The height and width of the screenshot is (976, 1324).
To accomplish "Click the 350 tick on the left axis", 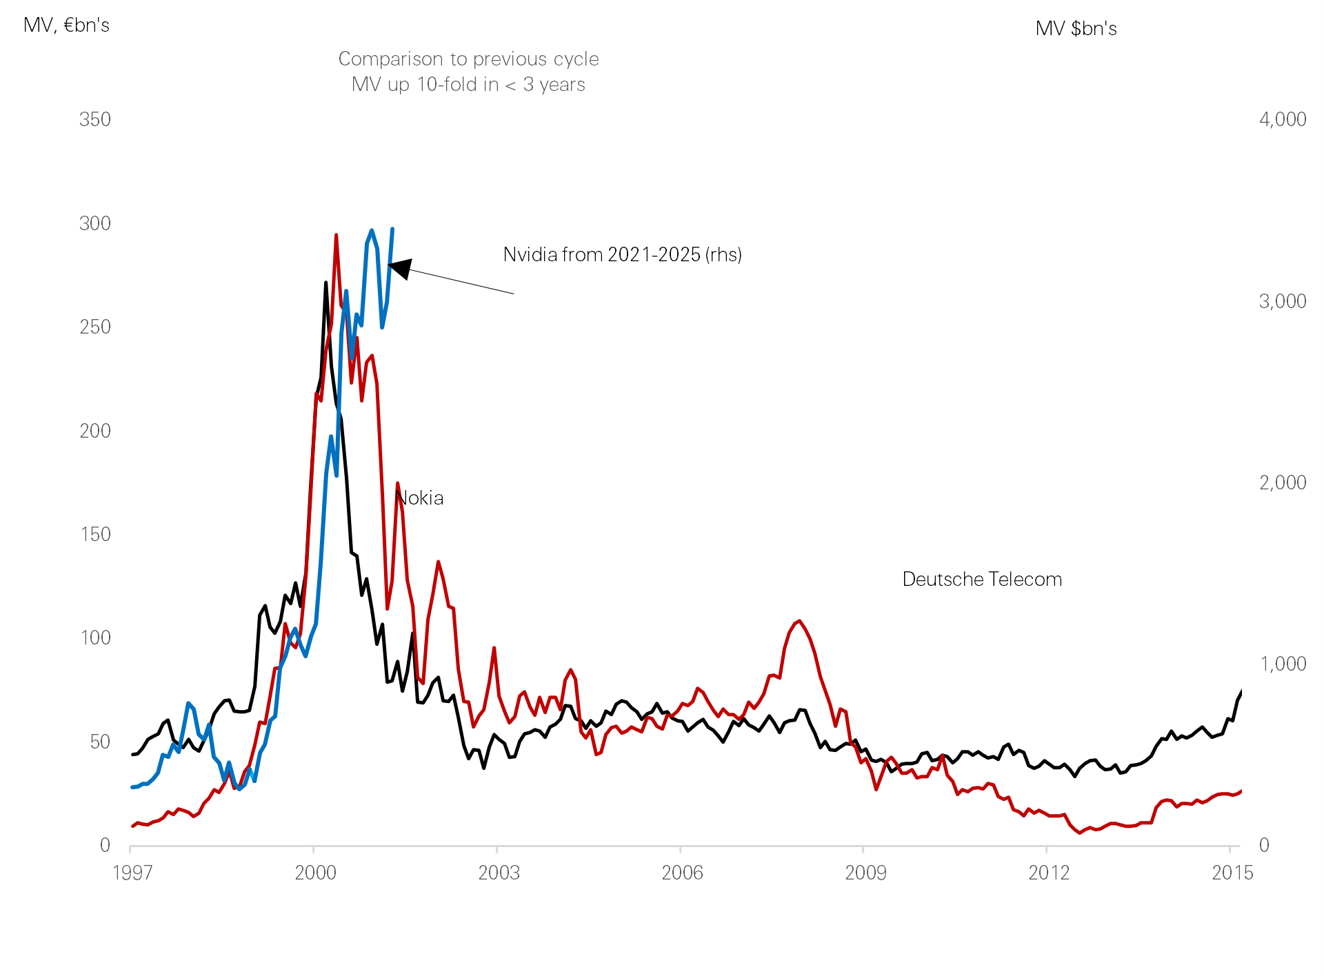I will tap(94, 119).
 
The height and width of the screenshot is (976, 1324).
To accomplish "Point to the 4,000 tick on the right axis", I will tap(1282, 119).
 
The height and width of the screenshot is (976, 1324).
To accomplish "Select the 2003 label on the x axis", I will tap(498, 873).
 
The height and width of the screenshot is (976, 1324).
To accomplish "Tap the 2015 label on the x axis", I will tap(1232, 873).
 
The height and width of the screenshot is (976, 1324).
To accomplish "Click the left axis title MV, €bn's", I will tap(66, 26).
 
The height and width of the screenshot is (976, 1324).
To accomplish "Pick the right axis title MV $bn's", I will tap(1076, 29).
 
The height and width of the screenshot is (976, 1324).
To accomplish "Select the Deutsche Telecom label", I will tap(981, 579).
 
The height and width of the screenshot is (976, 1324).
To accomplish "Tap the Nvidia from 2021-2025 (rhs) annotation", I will tap(622, 254).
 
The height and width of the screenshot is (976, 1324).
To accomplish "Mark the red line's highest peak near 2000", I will tap(336, 236).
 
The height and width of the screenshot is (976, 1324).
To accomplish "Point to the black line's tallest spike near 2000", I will tap(325, 283).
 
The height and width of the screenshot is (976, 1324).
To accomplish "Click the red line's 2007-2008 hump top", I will tap(799, 621).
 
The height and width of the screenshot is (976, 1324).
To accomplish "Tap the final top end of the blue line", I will tap(392, 229).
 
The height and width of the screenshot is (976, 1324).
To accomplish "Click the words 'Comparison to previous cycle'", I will tap(468, 59).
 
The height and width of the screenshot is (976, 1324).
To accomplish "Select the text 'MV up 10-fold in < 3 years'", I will tap(468, 84).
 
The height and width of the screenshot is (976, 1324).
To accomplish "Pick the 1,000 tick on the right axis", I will tap(1282, 664).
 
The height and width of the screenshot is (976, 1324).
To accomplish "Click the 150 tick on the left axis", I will tap(94, 534).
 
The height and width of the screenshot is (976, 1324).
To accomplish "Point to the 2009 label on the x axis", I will tap(865, 873).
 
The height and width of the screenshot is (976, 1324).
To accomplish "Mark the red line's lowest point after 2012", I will tap(1080, 833).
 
